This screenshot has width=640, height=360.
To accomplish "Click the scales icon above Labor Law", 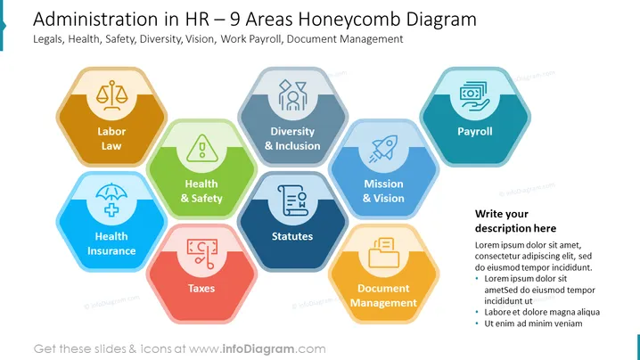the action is (x=111, y=95).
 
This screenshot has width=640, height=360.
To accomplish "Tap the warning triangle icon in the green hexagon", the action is (x=202, y=148).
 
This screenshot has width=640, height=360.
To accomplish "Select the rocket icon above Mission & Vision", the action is (x=383, y=149).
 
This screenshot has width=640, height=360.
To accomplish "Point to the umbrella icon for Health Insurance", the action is (x=111, y=200).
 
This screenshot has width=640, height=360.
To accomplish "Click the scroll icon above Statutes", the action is (x=292, y=200).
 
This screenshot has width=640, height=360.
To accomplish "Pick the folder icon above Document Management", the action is (x=383, y=253).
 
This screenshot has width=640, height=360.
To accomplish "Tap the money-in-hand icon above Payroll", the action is (x=474, y=96).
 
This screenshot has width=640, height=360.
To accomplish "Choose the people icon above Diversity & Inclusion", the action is (x=292, y=95).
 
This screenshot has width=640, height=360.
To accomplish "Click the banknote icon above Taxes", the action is (x=202, y=253).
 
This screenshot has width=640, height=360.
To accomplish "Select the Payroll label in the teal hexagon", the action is (x=475, y=131).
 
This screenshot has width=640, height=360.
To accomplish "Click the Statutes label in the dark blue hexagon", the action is (x=292, y=236).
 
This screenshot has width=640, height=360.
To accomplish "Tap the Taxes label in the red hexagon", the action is (x=201, y=289).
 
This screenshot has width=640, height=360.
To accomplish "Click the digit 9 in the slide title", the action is (x=234, y=20).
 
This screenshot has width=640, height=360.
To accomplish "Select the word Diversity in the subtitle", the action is (x=160, y=39).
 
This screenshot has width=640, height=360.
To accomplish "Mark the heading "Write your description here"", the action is (x=515, y=221).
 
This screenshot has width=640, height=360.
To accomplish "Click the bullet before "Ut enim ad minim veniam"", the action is (x=477, y=323).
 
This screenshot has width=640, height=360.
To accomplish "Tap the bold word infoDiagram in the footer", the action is (x=258, y=349).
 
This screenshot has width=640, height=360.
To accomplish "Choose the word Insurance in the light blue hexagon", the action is (x=111, y=251).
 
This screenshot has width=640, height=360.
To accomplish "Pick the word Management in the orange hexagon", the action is (x=383, y=303).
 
